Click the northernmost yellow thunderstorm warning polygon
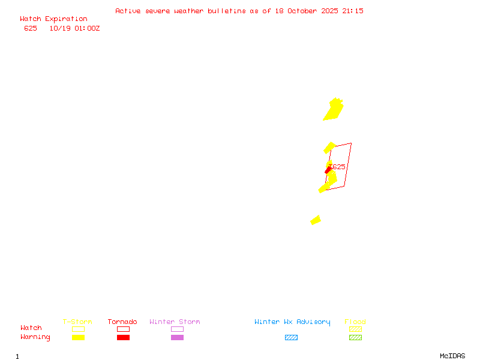click(334, 110)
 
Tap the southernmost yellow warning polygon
click(316, 220)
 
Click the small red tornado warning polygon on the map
click(328, 171)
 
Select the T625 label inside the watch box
click(338, 167)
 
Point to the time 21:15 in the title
click(354, 11)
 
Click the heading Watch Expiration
click(53, 19)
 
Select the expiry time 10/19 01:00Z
click(74, 28)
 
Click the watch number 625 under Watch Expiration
click(31, 28)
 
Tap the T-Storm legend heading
click(77, 322)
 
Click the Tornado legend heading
click(122, 322)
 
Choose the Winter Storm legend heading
click(175, 322)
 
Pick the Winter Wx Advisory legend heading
click(292, 322)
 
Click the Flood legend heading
click(355, 322)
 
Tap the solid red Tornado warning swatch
click(123, 337)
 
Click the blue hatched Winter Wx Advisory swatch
click(291, 337)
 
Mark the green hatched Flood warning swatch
click(355, 337)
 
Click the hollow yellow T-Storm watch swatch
click(78, 329)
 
